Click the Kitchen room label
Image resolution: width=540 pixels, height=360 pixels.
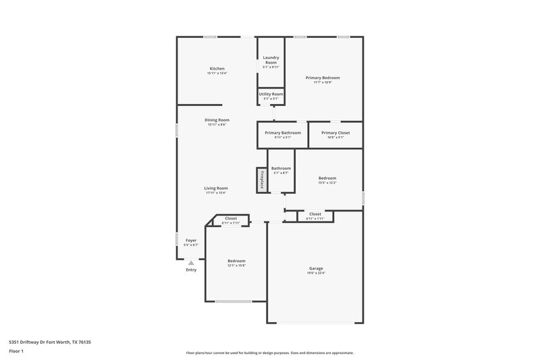(x=217, y=68)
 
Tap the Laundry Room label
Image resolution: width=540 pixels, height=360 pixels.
(x=271, y=60)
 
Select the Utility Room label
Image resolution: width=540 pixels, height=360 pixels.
(x=271, y=94)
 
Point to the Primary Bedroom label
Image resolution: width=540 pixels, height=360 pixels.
(x=322, y=78)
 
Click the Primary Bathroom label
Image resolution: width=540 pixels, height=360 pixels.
(x=282, y=132)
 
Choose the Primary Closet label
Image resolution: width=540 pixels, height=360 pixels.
(x=335, y=132)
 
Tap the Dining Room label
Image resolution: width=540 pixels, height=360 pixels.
(x=217, y=120)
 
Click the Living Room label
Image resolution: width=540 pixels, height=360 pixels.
(x=216, y=188)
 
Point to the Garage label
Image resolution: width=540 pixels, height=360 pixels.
(x=316, y=268)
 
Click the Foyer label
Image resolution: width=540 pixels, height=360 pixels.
(x=190, y=240)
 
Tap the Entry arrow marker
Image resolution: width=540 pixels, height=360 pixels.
(x=191, y=263)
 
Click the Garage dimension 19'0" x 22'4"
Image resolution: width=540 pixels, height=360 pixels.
(x=316, y=273)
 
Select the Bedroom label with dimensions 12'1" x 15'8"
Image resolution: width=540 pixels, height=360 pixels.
(x=236, y=261)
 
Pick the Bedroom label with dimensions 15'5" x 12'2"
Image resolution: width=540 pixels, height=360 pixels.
(x=327, y=178)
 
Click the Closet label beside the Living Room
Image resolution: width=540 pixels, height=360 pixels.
(x=231, y=218)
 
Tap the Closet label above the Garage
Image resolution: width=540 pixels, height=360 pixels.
(x=315, y=213)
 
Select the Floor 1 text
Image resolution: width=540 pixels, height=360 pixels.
(x=16, y=352)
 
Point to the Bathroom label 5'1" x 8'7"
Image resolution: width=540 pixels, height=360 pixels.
(x=281, y=168)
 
